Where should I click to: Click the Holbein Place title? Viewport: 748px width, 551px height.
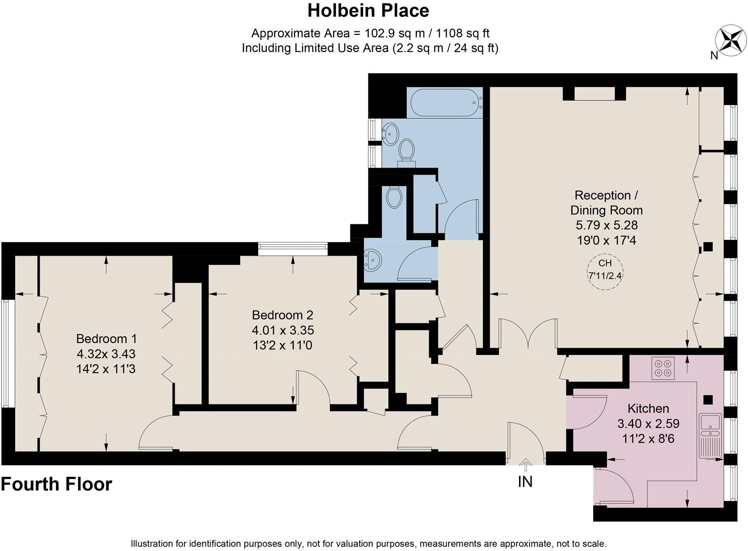point(368,11)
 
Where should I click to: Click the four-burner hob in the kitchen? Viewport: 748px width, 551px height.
point(663,368)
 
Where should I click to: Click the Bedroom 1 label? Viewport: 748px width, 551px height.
point(106,339)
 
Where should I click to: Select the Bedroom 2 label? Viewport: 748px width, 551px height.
point(282,315)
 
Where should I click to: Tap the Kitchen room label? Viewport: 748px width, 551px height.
point(648,408)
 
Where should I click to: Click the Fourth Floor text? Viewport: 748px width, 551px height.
point(56,484)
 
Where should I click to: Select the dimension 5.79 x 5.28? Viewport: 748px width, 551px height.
point(606,226)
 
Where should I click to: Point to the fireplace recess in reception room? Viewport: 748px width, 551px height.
point(594,94)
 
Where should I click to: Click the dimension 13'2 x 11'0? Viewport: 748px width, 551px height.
point(282,345)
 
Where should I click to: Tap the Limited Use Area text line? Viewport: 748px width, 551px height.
point(370,48)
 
